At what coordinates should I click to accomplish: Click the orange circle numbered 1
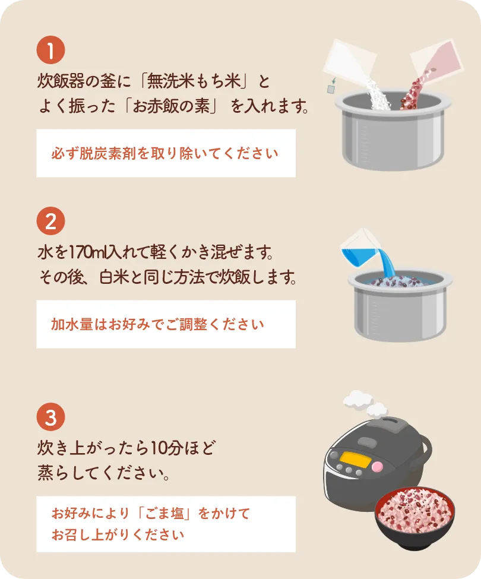coord(50,50)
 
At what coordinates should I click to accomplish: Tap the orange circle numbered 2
coord(50,221)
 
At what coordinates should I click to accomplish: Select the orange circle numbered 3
coord(50,417)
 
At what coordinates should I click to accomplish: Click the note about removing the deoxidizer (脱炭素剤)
coord(164,153)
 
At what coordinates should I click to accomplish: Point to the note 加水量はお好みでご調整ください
coord(157,324)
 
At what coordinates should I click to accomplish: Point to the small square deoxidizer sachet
coord(331,89)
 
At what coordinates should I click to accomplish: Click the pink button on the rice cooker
coord(377,466)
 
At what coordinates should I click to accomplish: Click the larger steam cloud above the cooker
coord(358,399)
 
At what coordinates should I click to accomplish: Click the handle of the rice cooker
coord(424,454)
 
